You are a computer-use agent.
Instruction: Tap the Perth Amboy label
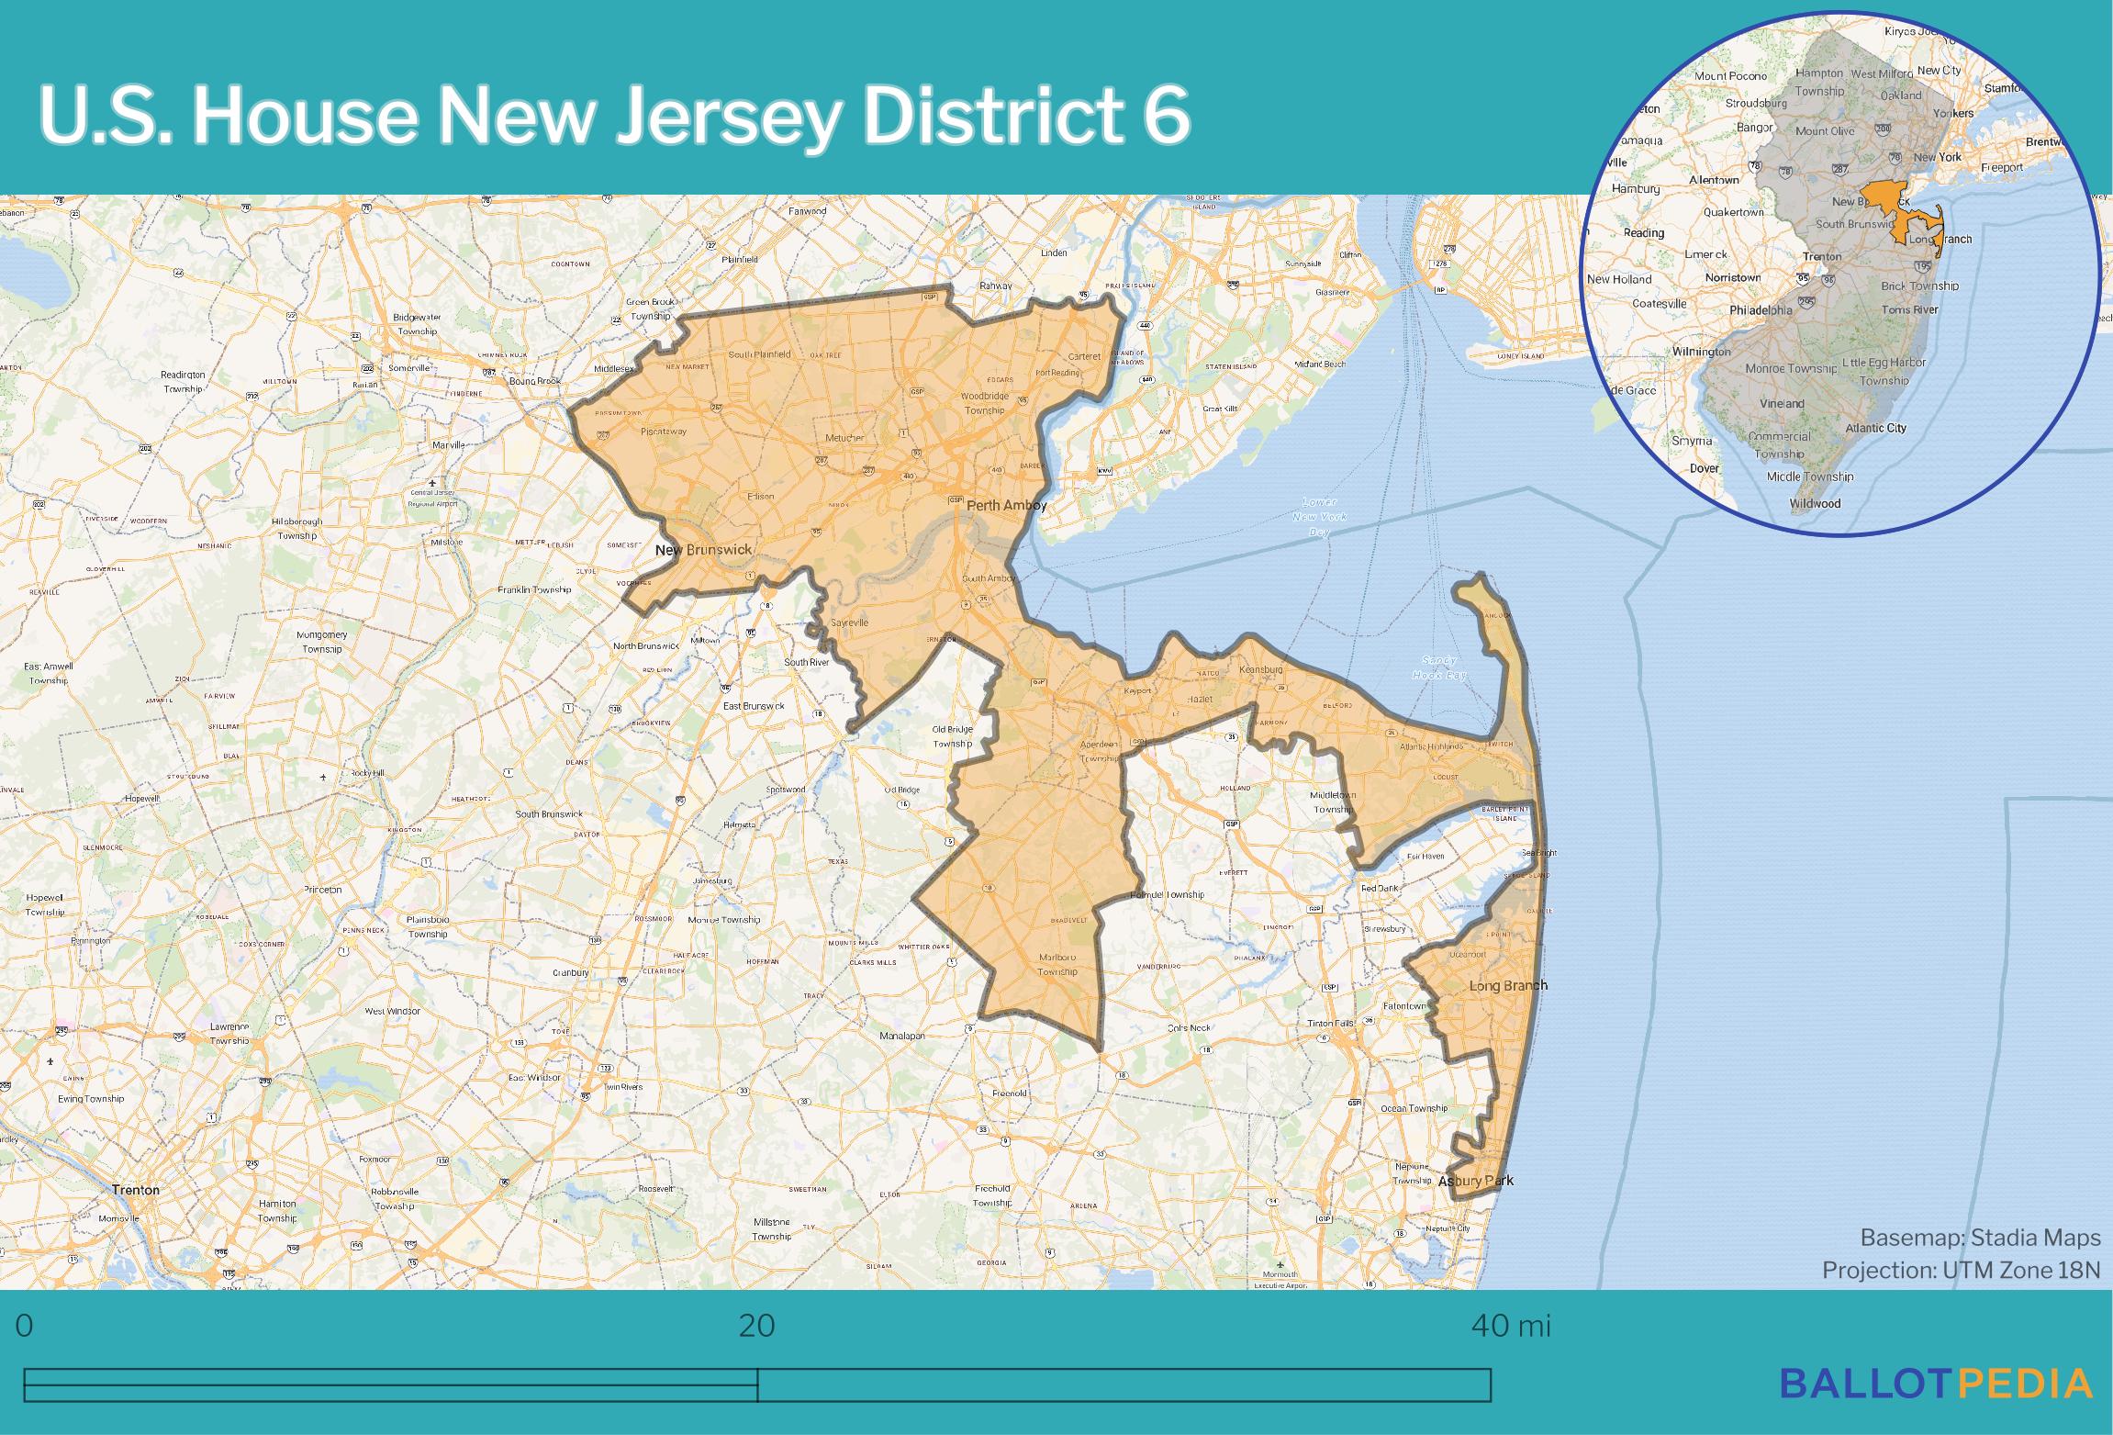[x=1006, y=505]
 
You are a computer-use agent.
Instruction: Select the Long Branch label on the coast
[x=1508, y=985]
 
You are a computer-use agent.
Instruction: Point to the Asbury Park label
[x=1475, y=1181]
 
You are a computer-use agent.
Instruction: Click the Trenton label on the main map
[x=135, y=1189]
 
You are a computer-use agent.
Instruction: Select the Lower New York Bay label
[x=1319, y=517]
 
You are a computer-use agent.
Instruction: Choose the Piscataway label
[x=663, y=431]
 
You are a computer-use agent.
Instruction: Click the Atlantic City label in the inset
[x=1875, y=428]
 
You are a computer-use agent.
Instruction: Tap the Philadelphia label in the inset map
[x=1761, y=310]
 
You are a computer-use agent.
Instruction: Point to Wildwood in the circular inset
[x=1815, y=503]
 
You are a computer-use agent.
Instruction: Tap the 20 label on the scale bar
[x=756, y=1326]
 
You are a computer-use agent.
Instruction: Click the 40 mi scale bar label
[x=1511, y=1326]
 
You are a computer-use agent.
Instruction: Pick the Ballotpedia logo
[x=1937, y=1384]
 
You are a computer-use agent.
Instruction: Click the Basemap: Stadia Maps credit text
[x=1980, y=1238]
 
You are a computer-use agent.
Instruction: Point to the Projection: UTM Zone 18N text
[x=1961, y=1270]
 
